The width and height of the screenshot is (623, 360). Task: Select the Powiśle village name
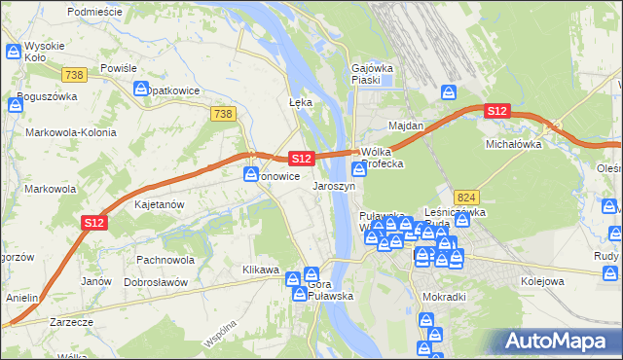click(117, 68)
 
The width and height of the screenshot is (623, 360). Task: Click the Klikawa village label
click(261, 270)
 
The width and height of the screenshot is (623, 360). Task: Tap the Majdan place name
click(406, 126)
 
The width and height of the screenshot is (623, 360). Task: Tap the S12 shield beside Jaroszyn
click(301, 158)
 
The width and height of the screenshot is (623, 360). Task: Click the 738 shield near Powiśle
click(73, 74)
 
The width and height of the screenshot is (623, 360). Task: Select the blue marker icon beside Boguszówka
click(16, 101)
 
